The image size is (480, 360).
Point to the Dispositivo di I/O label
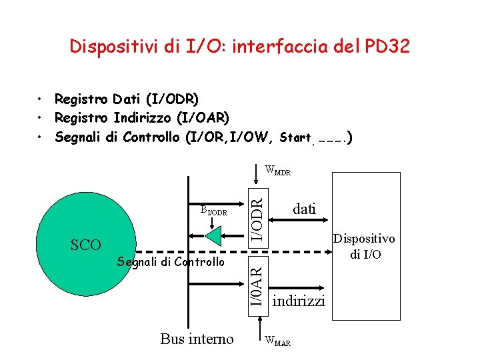click(x=363, y=246)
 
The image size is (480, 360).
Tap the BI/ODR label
click(x=214, y=211)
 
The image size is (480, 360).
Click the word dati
click(x=304, y=209)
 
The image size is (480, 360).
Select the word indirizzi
click(x=299, y=301)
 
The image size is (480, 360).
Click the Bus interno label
click(x=197, y=339)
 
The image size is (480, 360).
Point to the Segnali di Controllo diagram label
click(x=171, y=262)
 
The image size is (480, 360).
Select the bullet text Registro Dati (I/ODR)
click(x=127, y=99)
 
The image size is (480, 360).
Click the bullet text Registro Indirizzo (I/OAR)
click(x=142, y=118)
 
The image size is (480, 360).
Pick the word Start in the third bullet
click(x=295, y=138)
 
